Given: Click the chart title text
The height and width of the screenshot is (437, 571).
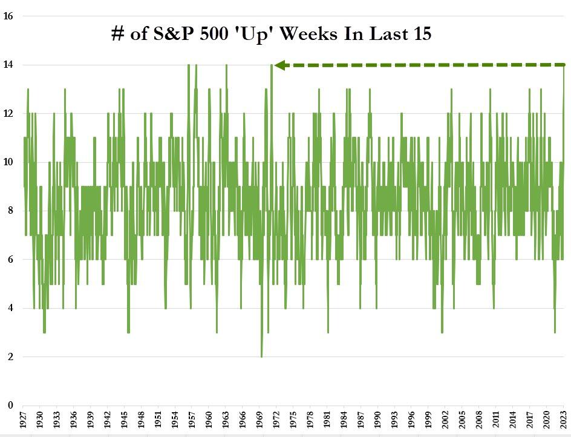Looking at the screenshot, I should (271, 34).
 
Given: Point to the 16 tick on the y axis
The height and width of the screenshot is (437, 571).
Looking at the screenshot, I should (9, 16).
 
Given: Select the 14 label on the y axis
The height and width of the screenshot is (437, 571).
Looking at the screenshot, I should (9, 65).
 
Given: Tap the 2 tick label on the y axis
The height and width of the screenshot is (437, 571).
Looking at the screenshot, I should (11, 357).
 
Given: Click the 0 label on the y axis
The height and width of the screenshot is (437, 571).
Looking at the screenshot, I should (11, 406).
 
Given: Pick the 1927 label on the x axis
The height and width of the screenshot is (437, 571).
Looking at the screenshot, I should (22, 421).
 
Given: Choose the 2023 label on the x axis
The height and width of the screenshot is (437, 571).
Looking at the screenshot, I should (564, 421).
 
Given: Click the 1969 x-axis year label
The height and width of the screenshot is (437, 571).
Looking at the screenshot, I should (259, 421).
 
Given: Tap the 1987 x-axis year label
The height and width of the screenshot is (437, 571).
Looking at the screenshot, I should (361, 421).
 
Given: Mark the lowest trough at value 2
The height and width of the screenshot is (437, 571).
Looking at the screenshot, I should (262, 356).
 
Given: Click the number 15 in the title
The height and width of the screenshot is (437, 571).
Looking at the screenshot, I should (421, 34).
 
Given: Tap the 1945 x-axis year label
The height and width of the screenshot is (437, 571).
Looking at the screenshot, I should (124, 421).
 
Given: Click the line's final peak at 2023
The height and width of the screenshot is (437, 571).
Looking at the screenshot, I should (564, 65).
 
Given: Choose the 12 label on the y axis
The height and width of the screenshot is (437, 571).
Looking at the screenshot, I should (9, 114).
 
